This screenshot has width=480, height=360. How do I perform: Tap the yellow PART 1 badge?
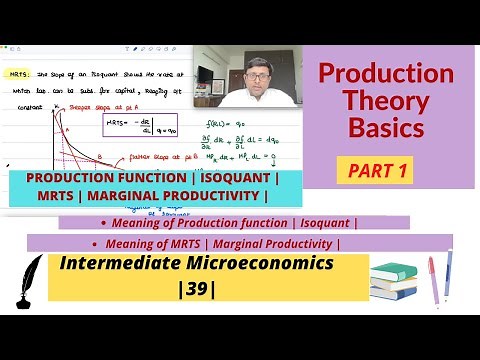coord(378,171)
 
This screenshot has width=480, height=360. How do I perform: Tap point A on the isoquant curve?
coord(69,129)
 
